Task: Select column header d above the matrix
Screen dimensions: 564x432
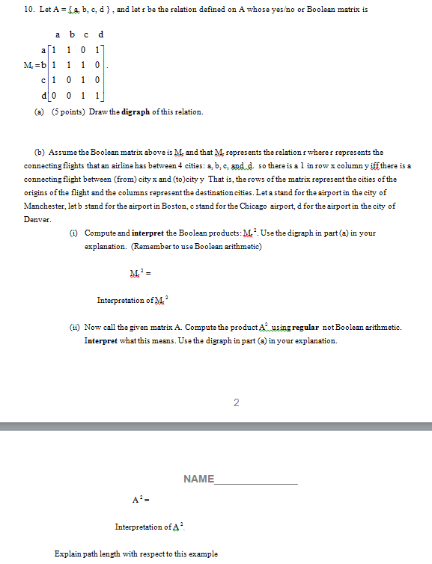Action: (100, 34)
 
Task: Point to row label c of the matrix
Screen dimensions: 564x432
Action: (48, 80)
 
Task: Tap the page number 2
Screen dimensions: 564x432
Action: (236, 403)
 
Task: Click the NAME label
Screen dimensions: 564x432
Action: (198, 479)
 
